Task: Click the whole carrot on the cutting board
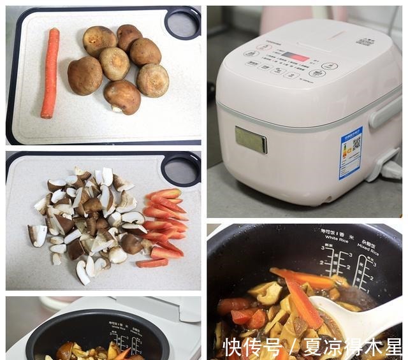coord(50,73)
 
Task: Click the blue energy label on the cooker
coord(350,152)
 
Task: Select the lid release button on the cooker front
coord(251,140)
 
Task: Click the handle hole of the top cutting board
coord(182,23)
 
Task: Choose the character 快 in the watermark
coord(235,347)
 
